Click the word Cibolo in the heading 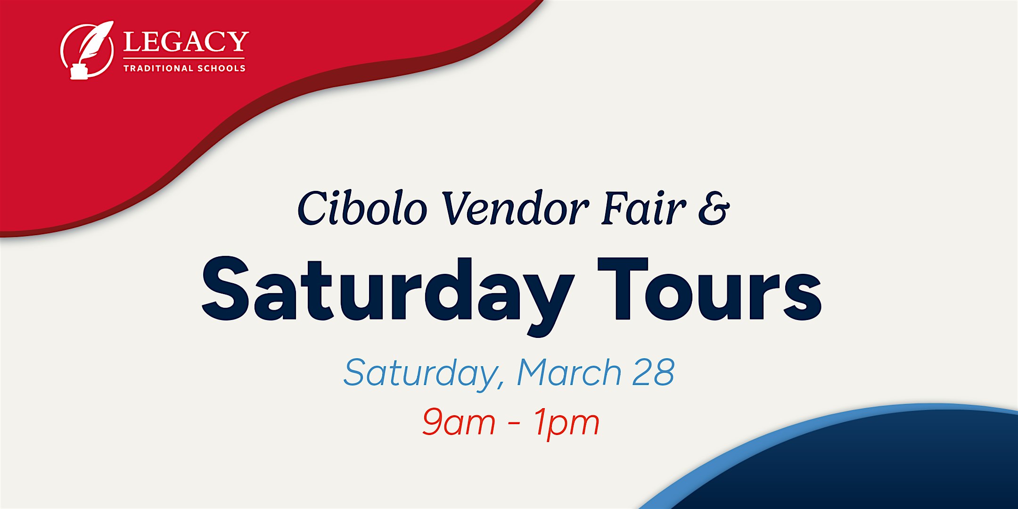pyautogui.click(x=362, y=208)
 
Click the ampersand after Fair pyautogui.click(x=714, y=208)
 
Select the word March pyautogui.click(x=569, y=372)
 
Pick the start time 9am pyautogui.click(x=458, y=422)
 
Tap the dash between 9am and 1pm pyautogui.click(x=514, y=423)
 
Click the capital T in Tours pyautogui.click(x=622, y=288)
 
